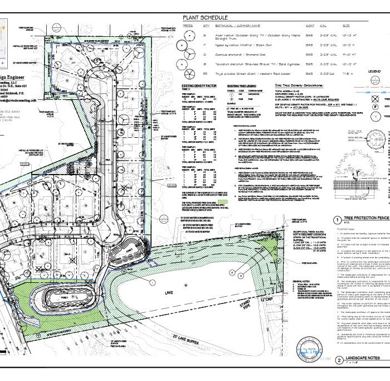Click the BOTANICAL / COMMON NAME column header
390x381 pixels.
point(238,26)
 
